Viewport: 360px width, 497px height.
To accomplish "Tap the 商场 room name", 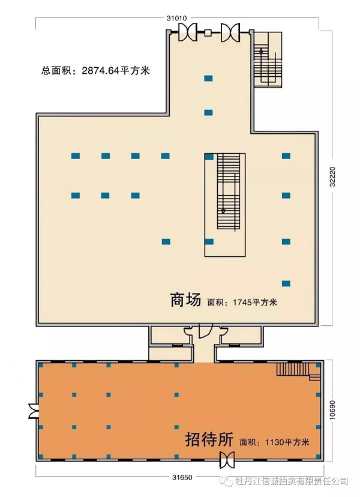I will point(184,300).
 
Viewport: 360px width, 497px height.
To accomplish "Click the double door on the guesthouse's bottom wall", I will point(227,461).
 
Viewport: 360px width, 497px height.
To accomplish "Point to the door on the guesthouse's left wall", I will point(32,412).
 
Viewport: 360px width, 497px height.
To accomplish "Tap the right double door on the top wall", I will point(230,32).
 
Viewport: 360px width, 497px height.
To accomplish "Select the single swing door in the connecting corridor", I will point(204,331).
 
